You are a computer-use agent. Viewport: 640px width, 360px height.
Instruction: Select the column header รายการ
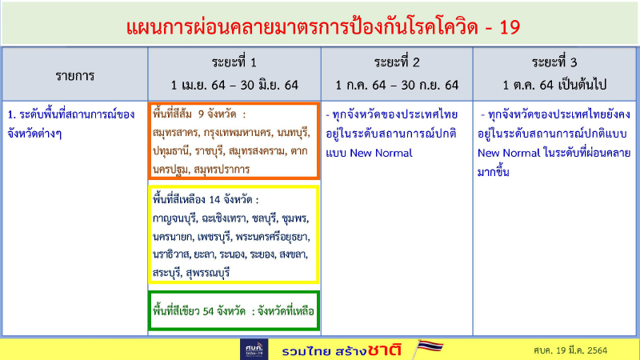point(74,76)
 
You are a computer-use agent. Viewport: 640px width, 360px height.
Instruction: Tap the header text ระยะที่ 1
point(234,62)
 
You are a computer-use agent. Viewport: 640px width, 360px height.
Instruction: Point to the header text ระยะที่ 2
point(398,62)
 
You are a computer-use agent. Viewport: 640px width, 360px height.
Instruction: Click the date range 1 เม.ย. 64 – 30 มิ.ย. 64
point(234,84)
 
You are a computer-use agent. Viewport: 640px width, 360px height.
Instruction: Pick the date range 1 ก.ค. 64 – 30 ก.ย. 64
point(398,84)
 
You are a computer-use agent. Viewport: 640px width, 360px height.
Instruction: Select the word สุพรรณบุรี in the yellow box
point(208,273)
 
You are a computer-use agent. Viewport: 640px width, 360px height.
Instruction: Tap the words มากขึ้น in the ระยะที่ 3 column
point(496,171)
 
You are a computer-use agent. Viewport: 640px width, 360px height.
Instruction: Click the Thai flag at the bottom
point(430,348)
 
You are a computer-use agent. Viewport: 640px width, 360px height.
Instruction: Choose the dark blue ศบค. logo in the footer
point(254,350)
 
